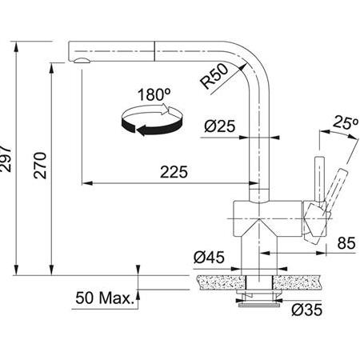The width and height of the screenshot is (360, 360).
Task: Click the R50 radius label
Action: [x=214, y=76]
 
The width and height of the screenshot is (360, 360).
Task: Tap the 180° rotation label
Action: [x=154, y=94]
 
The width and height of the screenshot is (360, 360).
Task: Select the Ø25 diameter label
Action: [x=220, y=126]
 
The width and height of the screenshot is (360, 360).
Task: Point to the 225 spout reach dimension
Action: [x=174, y=172]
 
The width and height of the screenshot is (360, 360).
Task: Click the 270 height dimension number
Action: [x=40, y=165]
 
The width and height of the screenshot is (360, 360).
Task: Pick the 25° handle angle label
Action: [x=346, y=122]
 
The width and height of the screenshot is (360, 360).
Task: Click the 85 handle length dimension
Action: [x=346, y=243]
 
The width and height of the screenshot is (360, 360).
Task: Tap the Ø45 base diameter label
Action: [x=209, y=258]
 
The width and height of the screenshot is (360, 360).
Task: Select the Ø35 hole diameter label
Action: [x=306, y=310]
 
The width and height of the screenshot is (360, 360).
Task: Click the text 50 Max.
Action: [x=104, y=298]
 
